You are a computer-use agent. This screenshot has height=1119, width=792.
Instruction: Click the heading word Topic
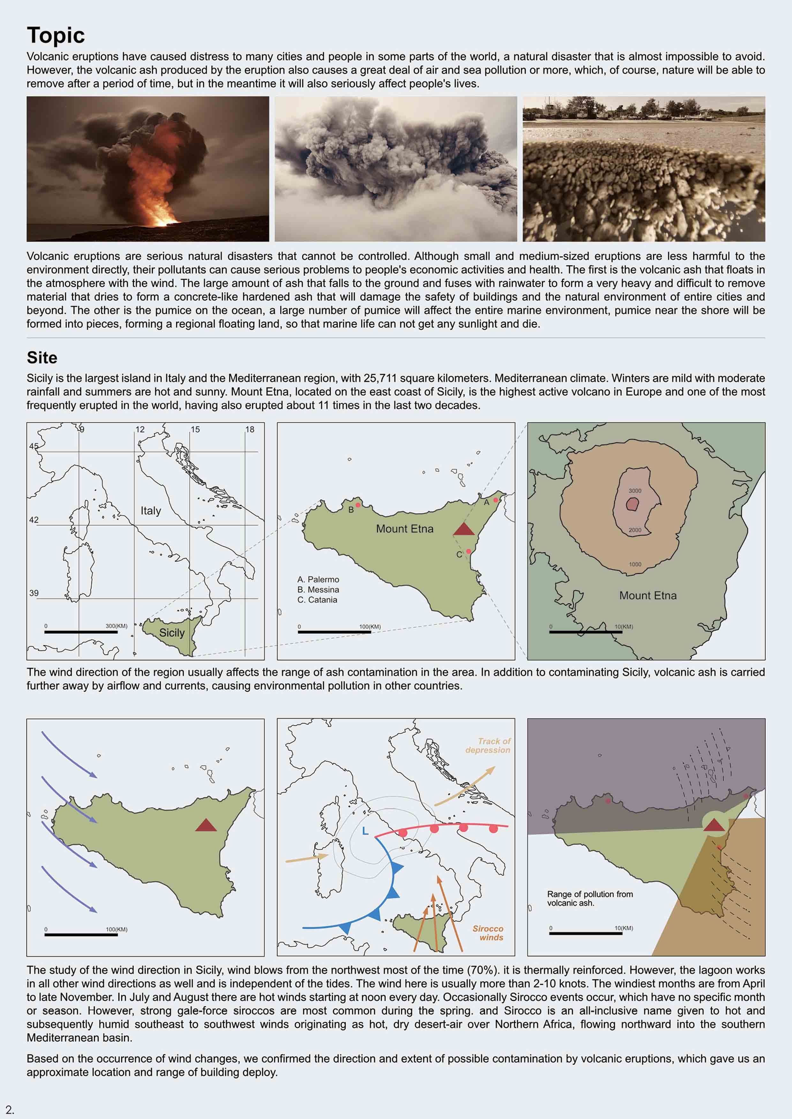pyautogui.click(x=56, y=36)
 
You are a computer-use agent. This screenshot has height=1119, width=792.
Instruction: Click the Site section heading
pyautogui.click(x=42, y=358)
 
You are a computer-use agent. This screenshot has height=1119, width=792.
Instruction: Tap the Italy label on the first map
pyautogui.click(x=151, y=511)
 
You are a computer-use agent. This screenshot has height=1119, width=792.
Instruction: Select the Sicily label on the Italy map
pyautogui.click(x=172, y=633)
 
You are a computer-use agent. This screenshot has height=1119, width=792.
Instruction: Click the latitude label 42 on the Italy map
pyautogui.click(x=34, y=520)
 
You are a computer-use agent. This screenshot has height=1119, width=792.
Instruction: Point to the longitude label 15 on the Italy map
pyautogui.click(x=195, y=429)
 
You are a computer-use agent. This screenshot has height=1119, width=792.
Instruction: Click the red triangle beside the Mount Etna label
pyautogui.click(x=464, y=529)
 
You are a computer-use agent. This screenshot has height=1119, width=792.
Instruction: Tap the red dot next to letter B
pyautogui.click(x=358, y=505)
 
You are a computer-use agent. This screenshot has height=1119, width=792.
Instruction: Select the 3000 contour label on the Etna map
pyautogui.click(x=635, y=491)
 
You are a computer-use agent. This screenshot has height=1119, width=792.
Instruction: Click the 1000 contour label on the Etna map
pyautogui.click(x=635, y=564)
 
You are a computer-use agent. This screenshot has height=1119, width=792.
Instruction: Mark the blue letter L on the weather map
pyautogui.click(x=365, y=831)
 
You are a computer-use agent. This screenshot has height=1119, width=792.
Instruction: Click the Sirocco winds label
pyautogui.click(x=488, y=933)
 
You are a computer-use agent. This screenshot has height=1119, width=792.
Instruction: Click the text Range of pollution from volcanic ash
pyautogui.click(x=590, y=898)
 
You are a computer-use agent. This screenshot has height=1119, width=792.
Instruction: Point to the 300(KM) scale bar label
pyautogui.click(x=116, y=626)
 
